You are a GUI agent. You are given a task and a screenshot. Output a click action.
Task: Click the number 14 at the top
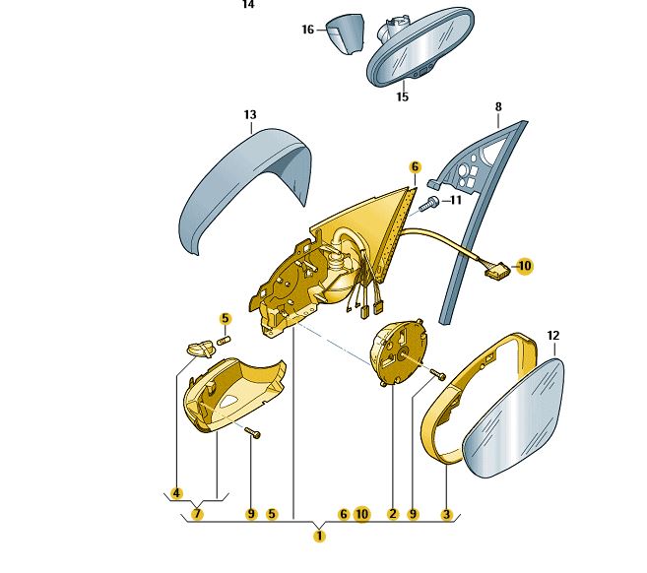(x=248, y=5)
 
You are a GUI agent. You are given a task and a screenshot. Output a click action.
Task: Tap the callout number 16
(x=307, y=31)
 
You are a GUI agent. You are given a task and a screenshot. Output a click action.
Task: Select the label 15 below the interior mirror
(x=402, y=96)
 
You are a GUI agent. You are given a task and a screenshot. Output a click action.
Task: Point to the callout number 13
(x=250, y=116)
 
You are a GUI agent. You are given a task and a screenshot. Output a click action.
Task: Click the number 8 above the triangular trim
(x=498, y=106)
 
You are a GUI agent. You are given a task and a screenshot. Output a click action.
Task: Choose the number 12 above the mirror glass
(x=552, y=336)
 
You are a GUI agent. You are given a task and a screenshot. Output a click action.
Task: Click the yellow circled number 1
(x=318, y=536)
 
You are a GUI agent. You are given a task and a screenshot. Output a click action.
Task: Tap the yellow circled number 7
(x=198, y=513)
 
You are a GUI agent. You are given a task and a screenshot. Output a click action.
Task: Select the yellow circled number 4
(x=176, y=492)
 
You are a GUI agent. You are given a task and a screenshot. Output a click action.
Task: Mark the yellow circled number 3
(x=446, y=513)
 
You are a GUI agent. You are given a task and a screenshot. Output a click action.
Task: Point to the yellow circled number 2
(x=392, y=513)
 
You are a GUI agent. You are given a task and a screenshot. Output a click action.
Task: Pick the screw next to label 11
(x=428, y=205)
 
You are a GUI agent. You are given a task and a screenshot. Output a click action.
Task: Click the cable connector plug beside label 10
(x=496, y=268)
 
